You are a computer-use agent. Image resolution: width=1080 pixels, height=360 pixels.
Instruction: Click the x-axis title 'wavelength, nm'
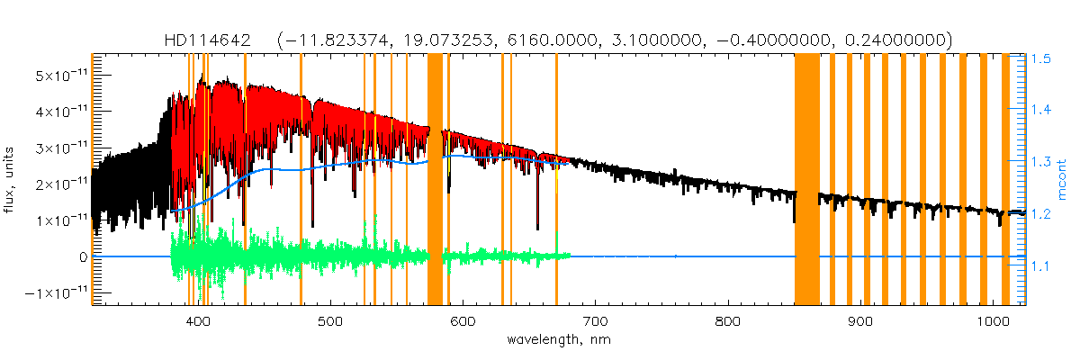tap(551, 340)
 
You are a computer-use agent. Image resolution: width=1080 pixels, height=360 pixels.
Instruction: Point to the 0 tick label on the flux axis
tap(82, 256)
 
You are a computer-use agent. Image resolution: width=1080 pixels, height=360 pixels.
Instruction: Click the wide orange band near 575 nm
tap(435, 180)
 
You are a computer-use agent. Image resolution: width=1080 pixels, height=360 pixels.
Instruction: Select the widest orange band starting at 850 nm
tap(807, 180)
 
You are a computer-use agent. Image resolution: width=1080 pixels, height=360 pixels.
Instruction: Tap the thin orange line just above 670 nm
tap(556, 180)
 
